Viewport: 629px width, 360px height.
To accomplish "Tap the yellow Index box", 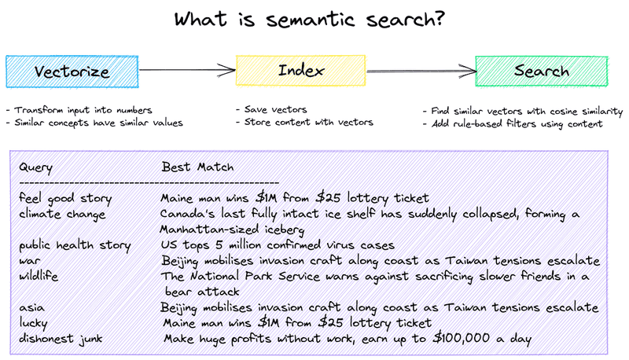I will (x=302, y=71).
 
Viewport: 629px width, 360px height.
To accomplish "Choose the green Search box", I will (x=542, y=72).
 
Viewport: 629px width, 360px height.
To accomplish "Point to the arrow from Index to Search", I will (x=420, y=72).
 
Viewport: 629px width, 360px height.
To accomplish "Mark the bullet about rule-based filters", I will (x=512, y=124).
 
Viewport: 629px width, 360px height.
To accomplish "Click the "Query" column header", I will (x=37, y=167).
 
